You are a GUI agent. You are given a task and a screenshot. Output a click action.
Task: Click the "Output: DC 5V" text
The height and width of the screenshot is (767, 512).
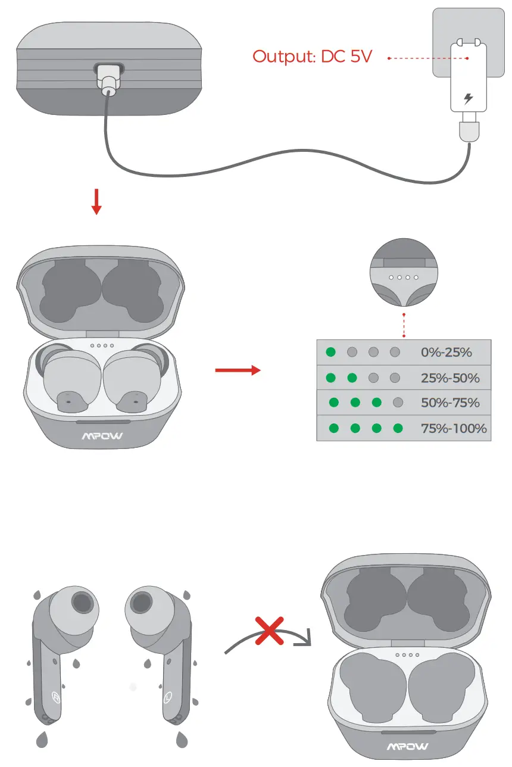312,57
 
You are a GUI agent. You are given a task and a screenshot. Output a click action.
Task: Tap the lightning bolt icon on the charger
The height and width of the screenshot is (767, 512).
469,98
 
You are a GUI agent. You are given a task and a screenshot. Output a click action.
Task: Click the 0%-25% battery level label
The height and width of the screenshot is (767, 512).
446,353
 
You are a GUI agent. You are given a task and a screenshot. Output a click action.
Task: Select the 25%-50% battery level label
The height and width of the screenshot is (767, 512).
449,378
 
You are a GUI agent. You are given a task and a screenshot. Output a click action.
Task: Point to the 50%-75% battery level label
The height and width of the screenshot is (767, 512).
449,403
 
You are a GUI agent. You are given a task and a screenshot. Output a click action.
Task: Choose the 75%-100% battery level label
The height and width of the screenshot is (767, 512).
454,428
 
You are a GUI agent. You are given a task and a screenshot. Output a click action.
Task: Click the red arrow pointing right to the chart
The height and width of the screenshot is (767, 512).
238,370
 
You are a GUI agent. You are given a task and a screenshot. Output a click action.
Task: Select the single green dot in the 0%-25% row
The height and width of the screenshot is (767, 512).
331,353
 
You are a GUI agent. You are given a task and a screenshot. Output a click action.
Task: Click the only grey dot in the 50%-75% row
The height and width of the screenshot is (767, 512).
398,403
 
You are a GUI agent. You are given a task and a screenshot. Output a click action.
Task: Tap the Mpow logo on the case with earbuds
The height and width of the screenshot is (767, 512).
102,436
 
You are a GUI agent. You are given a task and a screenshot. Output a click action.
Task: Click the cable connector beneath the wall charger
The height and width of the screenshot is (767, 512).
468,130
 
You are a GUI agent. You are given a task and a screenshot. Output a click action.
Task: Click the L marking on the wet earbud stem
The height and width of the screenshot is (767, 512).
169,695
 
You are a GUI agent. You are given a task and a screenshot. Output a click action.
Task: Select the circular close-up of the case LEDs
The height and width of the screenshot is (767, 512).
404,275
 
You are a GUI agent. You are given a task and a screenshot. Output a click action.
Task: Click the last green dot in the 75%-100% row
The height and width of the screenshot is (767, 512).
398,428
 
